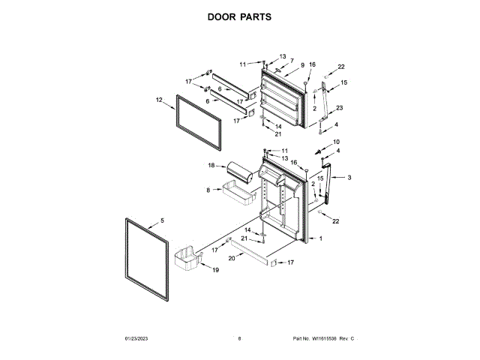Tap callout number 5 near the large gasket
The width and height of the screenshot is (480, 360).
click(x=161, y=222)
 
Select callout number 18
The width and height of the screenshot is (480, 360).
click(x=211, y=165)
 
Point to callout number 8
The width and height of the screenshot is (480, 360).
click(x=208, y=190)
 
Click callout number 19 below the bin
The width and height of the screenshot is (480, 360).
click(x=215, y=269)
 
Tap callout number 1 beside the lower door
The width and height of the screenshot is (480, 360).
click(x=320, y=238)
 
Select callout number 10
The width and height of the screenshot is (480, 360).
click(x=336, y=142)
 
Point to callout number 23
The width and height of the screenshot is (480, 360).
click(x=339, y=108)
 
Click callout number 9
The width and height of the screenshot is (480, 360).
click(x=302, y=65)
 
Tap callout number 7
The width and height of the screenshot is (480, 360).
click(x=292, y=60)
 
